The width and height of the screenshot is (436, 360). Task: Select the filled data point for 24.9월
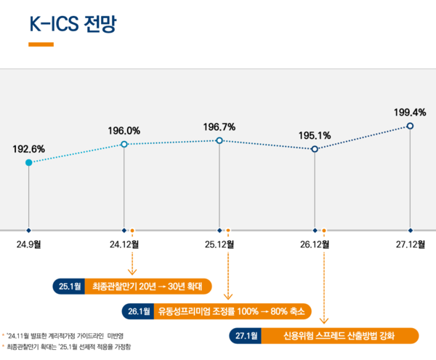coord(28,162)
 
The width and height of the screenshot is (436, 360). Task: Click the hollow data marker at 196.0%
coord(124,145)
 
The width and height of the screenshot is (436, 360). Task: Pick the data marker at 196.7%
coord(219,140)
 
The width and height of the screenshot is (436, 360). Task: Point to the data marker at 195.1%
coord(315,148)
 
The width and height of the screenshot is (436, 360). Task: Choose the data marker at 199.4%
coord(411,126)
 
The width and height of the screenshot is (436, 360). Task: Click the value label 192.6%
coord(28,148)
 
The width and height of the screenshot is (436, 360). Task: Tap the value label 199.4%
coord(410,112)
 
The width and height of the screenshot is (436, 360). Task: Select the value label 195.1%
coord(315,135)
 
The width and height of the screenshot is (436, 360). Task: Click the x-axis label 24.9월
coord(28,244)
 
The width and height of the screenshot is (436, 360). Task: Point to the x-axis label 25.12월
coord(219,244)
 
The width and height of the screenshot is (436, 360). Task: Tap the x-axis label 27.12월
coord(411,244)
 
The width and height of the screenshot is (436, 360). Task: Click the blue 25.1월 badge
coord(70,286)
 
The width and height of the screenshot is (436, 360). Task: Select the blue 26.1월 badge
coord(138,311)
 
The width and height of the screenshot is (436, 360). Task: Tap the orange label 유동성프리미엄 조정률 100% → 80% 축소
coord(232,311)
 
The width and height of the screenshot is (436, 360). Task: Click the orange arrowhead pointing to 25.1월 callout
coord(132,271)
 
